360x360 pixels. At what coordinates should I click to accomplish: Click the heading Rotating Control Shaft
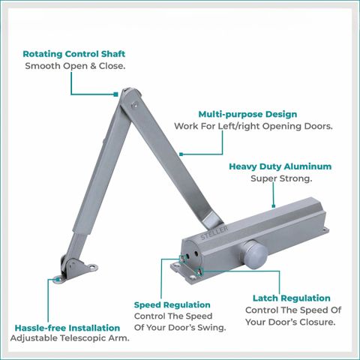point(74,54)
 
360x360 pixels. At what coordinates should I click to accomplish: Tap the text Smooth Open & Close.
point(75,66)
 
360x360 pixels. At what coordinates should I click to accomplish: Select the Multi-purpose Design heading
point(247,114)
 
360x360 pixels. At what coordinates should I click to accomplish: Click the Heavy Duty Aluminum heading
point(280,166)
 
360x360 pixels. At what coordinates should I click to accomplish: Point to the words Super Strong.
point(281,178)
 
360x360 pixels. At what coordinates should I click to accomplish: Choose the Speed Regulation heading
point(172,305)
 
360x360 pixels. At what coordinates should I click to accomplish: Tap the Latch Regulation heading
point(292,298)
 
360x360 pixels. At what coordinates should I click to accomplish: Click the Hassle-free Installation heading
point(67,328)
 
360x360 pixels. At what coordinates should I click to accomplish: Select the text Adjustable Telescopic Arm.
point(70,338)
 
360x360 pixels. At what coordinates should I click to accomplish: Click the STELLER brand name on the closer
point(214,233)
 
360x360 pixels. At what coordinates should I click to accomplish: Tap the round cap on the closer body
point(254,255)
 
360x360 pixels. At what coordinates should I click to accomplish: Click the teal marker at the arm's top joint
point(115,94)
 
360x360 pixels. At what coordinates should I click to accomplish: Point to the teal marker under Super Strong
point(274,206)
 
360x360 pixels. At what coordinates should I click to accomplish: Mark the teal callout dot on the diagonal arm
point(181,154)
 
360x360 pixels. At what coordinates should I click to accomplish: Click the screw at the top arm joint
point(134,104)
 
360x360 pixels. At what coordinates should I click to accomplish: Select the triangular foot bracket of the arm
point(75,271)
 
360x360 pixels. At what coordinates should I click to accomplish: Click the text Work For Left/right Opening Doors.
point(253,126)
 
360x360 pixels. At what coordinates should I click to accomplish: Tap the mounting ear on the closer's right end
point(325,230)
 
